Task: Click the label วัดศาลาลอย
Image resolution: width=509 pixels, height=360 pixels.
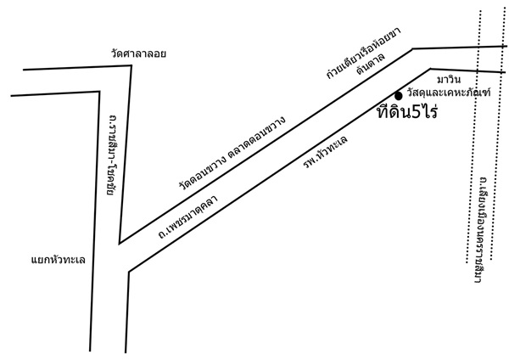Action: [x=138, y=53]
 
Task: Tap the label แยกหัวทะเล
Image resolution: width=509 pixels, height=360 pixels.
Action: [x=59, y=260]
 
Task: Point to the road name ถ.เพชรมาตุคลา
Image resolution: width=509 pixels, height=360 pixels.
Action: [x=187, y=217]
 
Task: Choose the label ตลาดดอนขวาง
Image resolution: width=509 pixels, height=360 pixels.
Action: [x=257, y=137]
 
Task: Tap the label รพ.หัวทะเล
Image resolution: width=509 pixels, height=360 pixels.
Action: [x=325, y=151]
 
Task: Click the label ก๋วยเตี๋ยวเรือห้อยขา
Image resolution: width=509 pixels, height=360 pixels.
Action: [x=364, y=53]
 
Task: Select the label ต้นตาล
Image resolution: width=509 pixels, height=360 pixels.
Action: [x=371, y=64]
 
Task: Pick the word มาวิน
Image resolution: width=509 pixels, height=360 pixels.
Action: [x=449, y=79]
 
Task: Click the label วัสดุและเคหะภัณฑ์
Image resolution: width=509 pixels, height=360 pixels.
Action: [x=449, y=93]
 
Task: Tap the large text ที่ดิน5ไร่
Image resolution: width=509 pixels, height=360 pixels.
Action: [x=407, y=111]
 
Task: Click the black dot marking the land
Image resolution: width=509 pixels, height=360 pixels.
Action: [x=399, y=96]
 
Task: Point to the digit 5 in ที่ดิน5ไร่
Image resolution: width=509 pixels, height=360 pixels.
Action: [x=416, y=112]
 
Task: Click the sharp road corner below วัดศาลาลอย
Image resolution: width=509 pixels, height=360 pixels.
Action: [x=131, y=65]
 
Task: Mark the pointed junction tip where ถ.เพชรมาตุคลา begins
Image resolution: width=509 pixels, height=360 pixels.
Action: [x=120, y=243]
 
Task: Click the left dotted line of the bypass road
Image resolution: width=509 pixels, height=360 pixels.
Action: [x=474, y=137]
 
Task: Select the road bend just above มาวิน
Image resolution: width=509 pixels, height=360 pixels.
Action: [x=430, y=69]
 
